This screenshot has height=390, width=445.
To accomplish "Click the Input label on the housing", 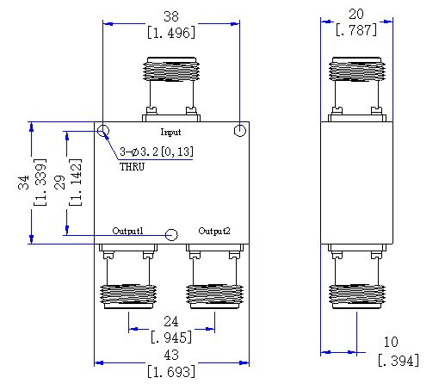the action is pyautogui.click(x=170, y=133).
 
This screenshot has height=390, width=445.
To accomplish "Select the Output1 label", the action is pyautogui.click(x=127, y=231).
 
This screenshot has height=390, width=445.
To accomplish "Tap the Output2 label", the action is pyautogui.click(x=214, y=232).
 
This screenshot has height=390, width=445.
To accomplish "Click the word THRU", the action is pyautogui.click(x=132, y=167).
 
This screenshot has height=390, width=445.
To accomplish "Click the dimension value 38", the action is pyautogui.click(x=171, y=16).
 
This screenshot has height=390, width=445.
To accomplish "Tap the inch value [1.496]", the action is pyautogui.click(x=171, y=33).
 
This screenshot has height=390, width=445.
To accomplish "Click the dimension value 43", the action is pyautogui.click(x=171, y=355).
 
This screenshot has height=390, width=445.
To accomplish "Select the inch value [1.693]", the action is pyautogui.click(x=171, y=371).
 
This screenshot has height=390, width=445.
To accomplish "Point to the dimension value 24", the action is pyautogui.click(x=171, y=321).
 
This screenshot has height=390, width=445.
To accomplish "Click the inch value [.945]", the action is pyautogui.click(x=171, y=337).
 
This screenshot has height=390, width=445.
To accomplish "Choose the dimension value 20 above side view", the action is pyautogui.click(x=356, y=14).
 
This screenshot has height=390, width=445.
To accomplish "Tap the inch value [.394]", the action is pyautogui.click(x=399, y=361).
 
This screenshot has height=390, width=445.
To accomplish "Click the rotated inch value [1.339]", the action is pyautogui.click(x=40, y=183).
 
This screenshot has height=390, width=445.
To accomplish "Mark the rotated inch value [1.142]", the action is pyautogui.click(x=76, y=183).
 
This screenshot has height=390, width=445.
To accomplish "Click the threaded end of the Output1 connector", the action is pyautogui.click(x=128, y=296).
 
